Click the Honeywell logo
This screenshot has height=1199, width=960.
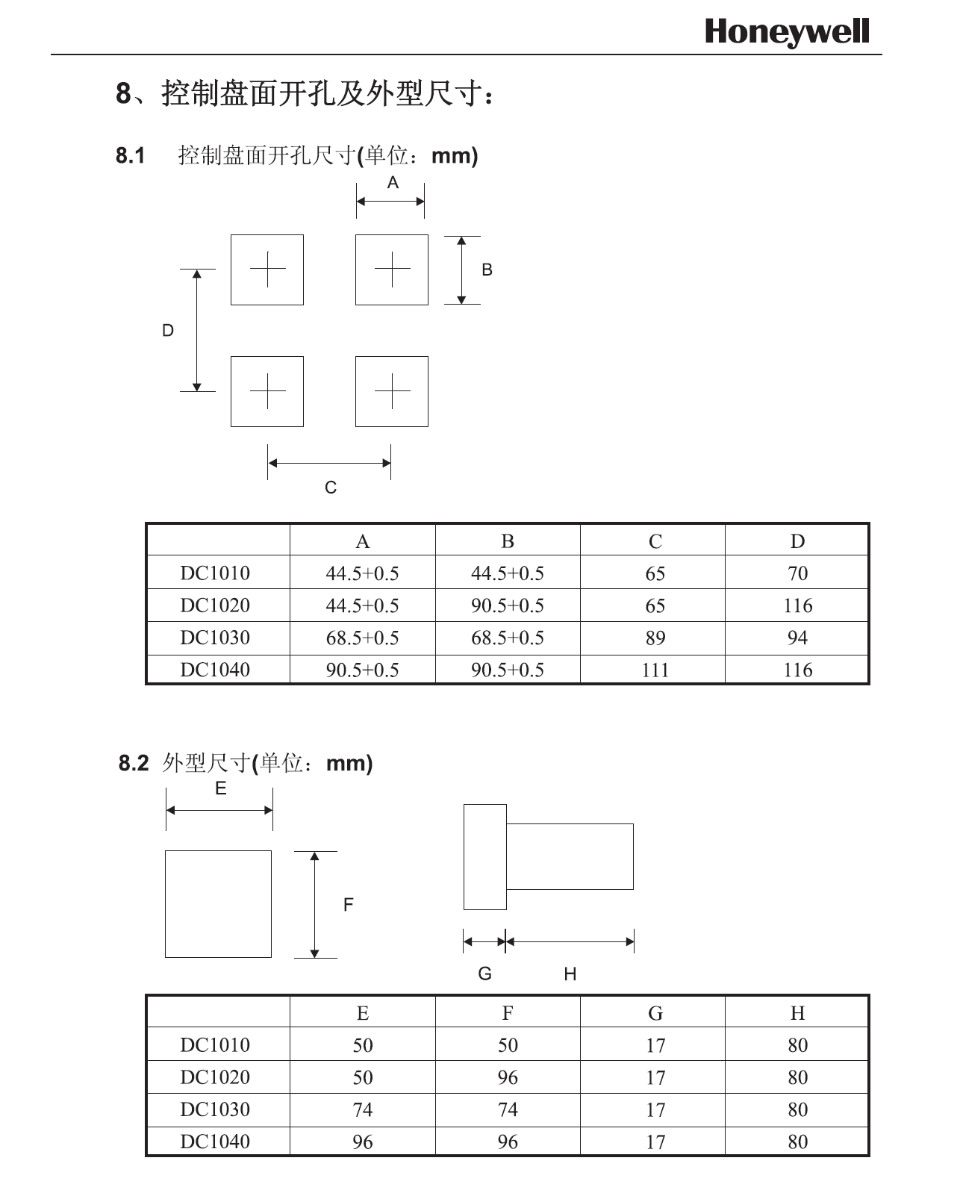coord(787,33)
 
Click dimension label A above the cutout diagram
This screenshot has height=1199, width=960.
coord(393,183)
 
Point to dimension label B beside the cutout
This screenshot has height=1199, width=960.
coord(487,270)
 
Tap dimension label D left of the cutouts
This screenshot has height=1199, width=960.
coord(168,331)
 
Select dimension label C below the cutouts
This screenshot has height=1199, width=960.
coord(331,488)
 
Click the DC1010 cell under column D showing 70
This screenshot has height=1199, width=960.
coord(797,573)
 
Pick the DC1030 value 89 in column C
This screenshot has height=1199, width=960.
coord(655,638)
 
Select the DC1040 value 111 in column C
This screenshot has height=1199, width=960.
coord(655,670)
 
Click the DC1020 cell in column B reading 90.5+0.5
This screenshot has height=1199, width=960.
coord(507,605)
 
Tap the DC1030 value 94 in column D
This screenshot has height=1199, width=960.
coord(797,638)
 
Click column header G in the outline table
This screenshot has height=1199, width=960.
coord(655,1013)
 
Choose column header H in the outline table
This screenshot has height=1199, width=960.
coord(797,1013)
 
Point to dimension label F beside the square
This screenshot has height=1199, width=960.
coord(349,905)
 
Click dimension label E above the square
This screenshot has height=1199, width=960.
coord(220,789)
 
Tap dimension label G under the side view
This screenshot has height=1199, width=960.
coord(484,974)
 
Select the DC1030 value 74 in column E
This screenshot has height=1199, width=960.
coord(362,1110)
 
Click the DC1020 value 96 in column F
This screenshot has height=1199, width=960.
coord(507,1078)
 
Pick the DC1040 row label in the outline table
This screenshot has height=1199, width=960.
coord(215,1142)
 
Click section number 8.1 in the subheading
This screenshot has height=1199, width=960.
coord(131,156)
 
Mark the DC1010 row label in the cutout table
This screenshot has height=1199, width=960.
coord(215,573)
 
